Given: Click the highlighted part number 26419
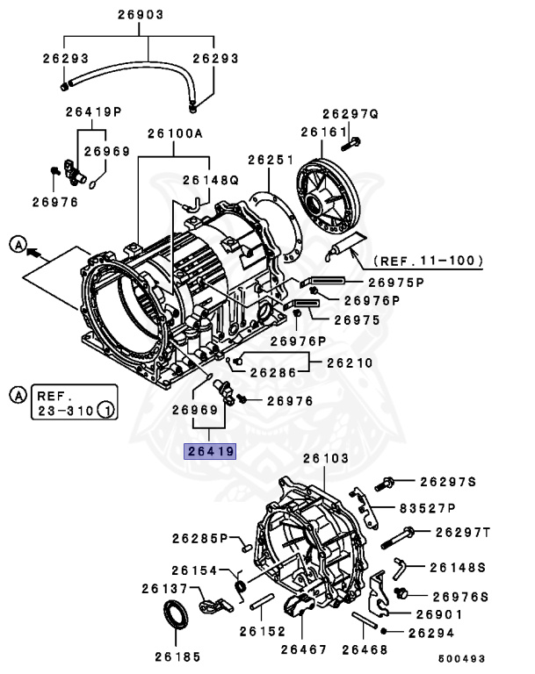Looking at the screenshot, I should [x=209, y=452].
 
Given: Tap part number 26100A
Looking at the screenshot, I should [x=175, y=133].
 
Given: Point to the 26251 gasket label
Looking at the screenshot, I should [x=270, y=160].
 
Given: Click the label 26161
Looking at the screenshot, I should [x=320, y=132].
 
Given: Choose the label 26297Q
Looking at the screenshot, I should [x=349, y=114].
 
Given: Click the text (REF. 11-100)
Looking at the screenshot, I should [x=428, y=261].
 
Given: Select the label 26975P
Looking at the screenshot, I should [x=395, y=282].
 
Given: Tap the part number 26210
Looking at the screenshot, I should [x=350, y=362].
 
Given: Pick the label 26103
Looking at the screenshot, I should [x=325, y=459].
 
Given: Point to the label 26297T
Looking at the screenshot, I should [x=462, y=532].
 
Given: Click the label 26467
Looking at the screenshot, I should [x=303, y=649].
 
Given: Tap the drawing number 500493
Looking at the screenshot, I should [x=465, y=657].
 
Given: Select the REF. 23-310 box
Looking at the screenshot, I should [x=72, y=401].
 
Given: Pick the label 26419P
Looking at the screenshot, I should [x=93, y=111].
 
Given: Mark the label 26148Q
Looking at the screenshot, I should [x=210, y=180].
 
